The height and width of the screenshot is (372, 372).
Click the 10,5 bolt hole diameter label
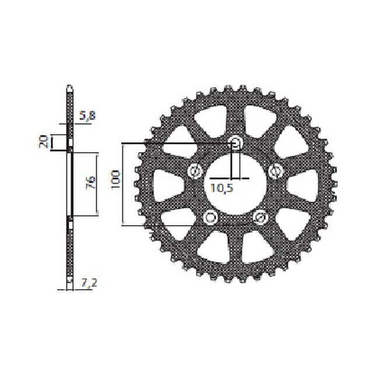coord(220,188)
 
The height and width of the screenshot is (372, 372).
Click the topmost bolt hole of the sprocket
coord(236,143)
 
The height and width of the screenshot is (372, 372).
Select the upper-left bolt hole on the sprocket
coord(195,171)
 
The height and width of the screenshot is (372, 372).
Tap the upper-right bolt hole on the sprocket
coord(275,171)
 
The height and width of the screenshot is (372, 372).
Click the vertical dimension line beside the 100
coord(123,183)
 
